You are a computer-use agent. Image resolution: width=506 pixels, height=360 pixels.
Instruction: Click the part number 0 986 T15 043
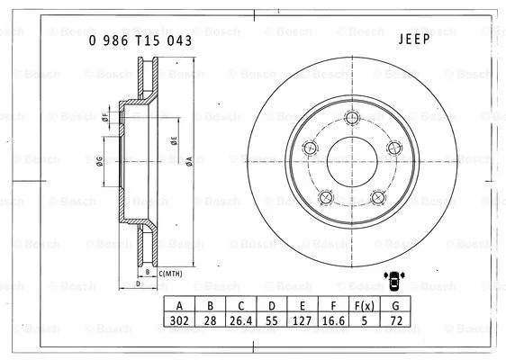[140, 40]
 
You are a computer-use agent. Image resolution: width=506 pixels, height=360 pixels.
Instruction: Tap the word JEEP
[413, 39]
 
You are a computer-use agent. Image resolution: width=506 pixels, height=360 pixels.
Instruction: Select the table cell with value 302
[180, 318]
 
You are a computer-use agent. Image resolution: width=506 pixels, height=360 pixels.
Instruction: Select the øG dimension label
[99, 162]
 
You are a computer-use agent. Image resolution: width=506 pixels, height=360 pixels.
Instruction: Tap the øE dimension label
[174, 141]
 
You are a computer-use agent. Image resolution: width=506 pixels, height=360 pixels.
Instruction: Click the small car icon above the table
[394, 281]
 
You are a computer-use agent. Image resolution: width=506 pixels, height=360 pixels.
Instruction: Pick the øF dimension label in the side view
[105, 117]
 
